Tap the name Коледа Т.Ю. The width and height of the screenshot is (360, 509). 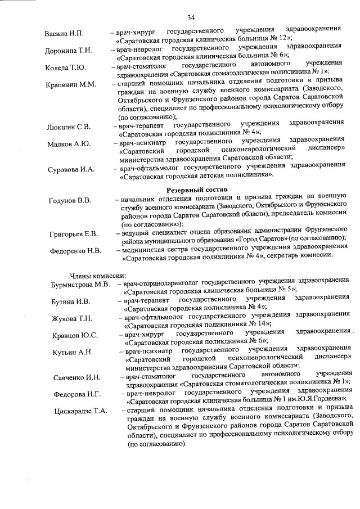point(65,68)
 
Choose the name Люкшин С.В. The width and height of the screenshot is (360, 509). point(68,127)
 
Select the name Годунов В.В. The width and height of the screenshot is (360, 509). point(70,201)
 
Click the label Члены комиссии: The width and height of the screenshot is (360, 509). point(93,276)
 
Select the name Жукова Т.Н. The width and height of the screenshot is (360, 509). point(72,318)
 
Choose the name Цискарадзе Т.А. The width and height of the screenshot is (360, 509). point(80,411)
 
